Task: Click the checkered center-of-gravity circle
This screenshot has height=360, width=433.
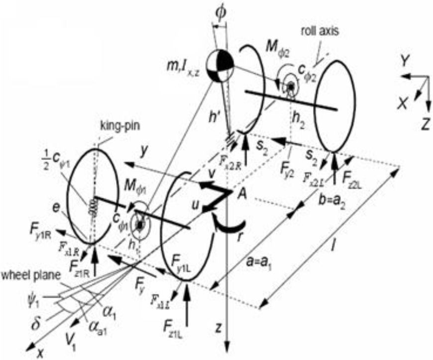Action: click(219, 66)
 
